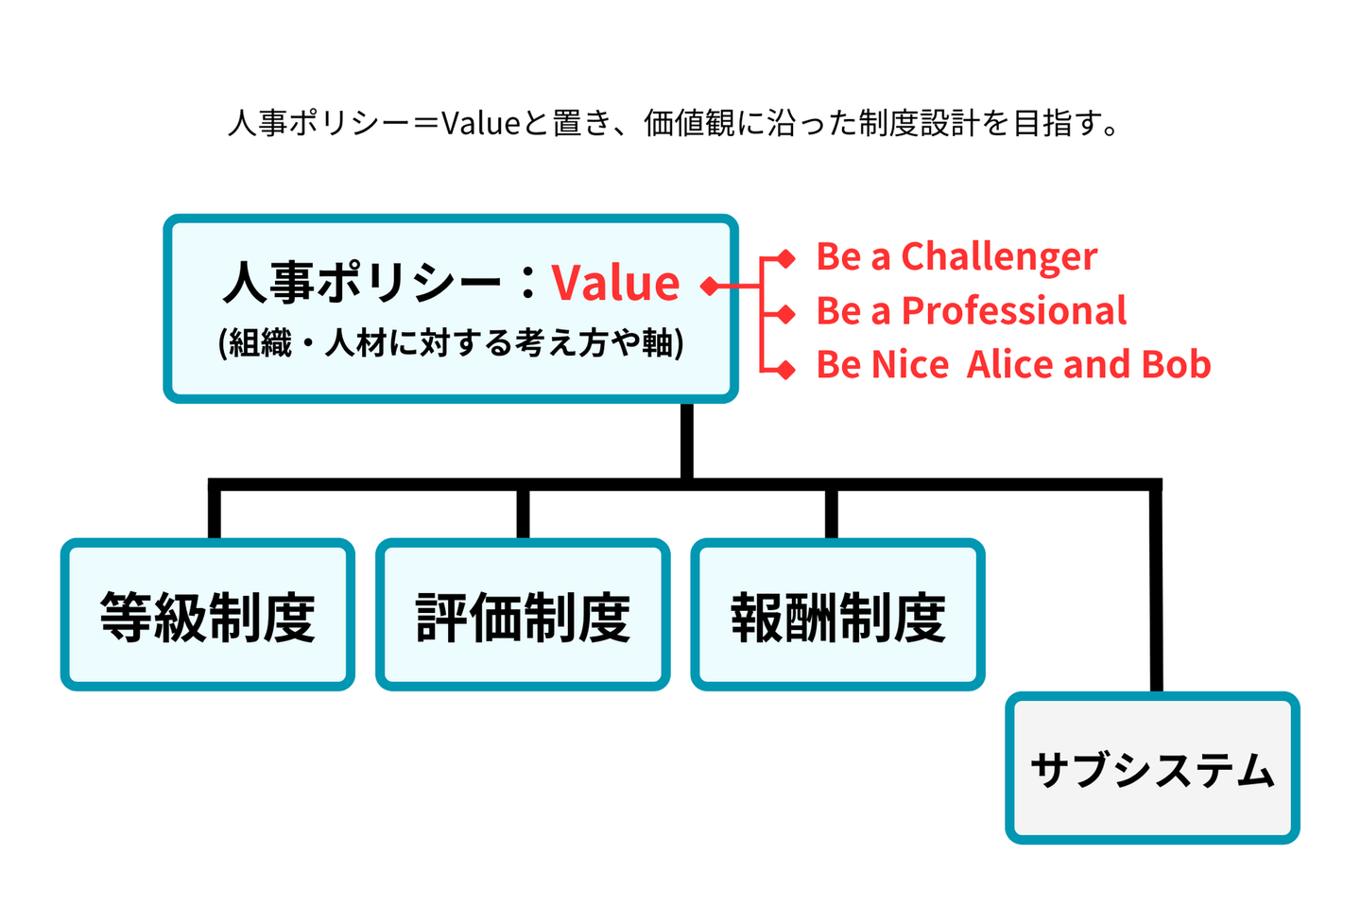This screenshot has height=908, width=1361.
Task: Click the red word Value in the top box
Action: pyautogui.click(x=615, y=282)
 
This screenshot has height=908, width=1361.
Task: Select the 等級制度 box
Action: pyautogui.click(x=208, y=616)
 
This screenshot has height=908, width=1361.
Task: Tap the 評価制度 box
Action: pyautogui.click(x=523, y=616)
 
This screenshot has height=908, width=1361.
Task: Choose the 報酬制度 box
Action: pyautogui.click(x=837, y=616)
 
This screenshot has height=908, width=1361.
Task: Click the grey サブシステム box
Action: pyautogui.click(x=1152, y=769)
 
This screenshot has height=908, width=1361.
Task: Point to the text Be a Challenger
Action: pyautogui.click(x=956, y=256)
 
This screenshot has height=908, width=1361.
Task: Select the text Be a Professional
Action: pyautogui.click(x=971, y=310)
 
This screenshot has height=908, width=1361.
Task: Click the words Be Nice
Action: pyautogui.click(x=882, y=364)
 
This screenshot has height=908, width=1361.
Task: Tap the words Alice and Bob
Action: pyautogui.click(x=1088, y=364)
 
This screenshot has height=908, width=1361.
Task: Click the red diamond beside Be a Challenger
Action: pyautogui.click(x=785, y=257)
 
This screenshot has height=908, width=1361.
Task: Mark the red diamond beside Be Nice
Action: pyautogui.click(x=785, y=369)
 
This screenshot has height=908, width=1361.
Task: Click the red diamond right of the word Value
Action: pyautogui.click(x=710, y=285)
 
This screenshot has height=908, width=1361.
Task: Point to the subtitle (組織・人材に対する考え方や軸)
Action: pyautogui.click(x=451, y=342)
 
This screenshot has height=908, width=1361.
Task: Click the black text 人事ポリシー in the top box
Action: pyautogui.click(x=362, y=282)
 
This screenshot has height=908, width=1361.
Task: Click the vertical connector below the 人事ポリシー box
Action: pyautogui.click(x=686, y=440)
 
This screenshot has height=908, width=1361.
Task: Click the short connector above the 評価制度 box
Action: pyautogui.click(x=523, y=514)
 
